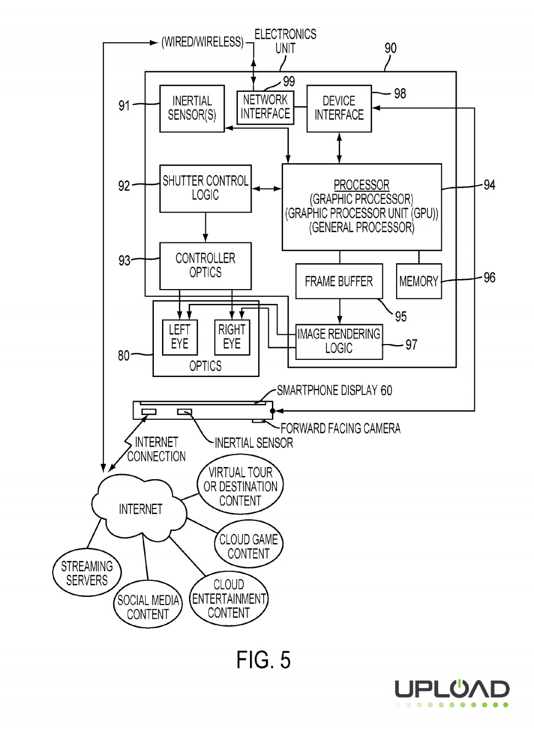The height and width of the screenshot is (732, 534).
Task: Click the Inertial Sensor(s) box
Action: [x=192, y=108]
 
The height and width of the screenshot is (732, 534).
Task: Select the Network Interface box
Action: [x=265, y=107]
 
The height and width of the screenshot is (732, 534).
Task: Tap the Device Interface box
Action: [x=339, y=108]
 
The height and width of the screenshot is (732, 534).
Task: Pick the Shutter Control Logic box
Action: [x=205, y=188]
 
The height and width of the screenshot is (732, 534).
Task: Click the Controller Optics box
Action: [x=205, y=265]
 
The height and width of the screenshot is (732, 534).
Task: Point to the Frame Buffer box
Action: [x=339, y=281]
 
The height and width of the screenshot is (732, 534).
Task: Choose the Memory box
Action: [x=419, y=281]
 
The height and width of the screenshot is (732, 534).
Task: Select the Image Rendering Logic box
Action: [x=339, y=341]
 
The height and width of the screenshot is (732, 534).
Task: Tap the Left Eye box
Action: [x=180, y=337]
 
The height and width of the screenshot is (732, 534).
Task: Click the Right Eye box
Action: [x=232, y=337]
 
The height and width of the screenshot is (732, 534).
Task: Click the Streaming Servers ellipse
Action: [x=87, y=573]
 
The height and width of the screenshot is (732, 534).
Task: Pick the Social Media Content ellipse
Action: [x=148, y=607]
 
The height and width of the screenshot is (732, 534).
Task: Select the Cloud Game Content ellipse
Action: [x=248, y=546]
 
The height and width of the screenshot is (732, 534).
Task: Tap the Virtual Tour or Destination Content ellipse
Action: [x=240, y=486]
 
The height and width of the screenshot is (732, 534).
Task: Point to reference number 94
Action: [x=489, y=185]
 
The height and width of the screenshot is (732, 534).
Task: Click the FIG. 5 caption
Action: [x=264, y=660]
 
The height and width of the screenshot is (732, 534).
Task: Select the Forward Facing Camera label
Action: [x=340, y=429]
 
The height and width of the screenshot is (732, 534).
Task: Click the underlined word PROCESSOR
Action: [x=361, y=185]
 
